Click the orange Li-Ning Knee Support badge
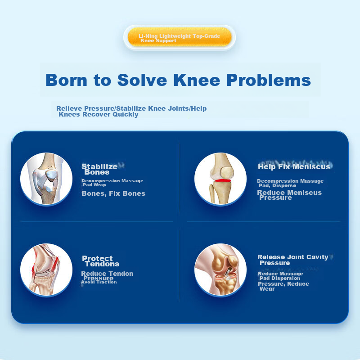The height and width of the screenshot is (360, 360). pyautogui.click(x=179, y=37)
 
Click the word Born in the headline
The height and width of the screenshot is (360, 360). pyautogui.click(x=66, y=80)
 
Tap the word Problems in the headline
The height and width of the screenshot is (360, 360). pyautogui.click(x=269, y=80)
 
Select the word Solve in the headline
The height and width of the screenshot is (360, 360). pyautogui.click(x=142, y=80)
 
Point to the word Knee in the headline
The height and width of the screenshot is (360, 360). pyautogui.click(x=197, y=80)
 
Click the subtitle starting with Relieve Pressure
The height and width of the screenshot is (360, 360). pyautogui.click(x=131, y=111)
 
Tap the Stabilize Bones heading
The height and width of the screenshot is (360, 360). pyautogui.click(x=99, y=169)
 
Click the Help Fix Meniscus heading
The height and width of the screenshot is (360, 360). pyautogui.click(x=294, y=166)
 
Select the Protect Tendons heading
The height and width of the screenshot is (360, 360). pyautogui.click(x=100, y=261)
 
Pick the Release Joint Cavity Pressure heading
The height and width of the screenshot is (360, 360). pyautogui.click(x=293, y=260)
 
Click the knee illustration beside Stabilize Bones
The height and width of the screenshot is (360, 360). pyautogui.click(x=46, y=179)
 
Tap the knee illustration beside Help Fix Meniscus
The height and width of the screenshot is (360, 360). pyautogui.click(x=220, y=179)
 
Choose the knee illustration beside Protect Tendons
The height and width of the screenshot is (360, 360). pyautogui.click(x=46, y=270)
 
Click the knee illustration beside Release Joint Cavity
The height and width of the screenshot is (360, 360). pyautogui.click(x=220, y=270)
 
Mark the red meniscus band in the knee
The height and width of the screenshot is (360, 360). pyautogui.click(x=222, y=181)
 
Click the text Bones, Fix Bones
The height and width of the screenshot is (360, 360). pyautogui.click(x=113, y=193)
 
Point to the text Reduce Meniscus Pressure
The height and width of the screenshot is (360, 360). pyautogui.click(x=289, y=195)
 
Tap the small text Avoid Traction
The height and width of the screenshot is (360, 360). pyautogui.click(x=99, y=282)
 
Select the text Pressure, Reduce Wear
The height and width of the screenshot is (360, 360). pyautogui.click(x=283, y=286)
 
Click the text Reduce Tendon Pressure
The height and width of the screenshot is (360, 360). pyautogui.click(x=107, y=276)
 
